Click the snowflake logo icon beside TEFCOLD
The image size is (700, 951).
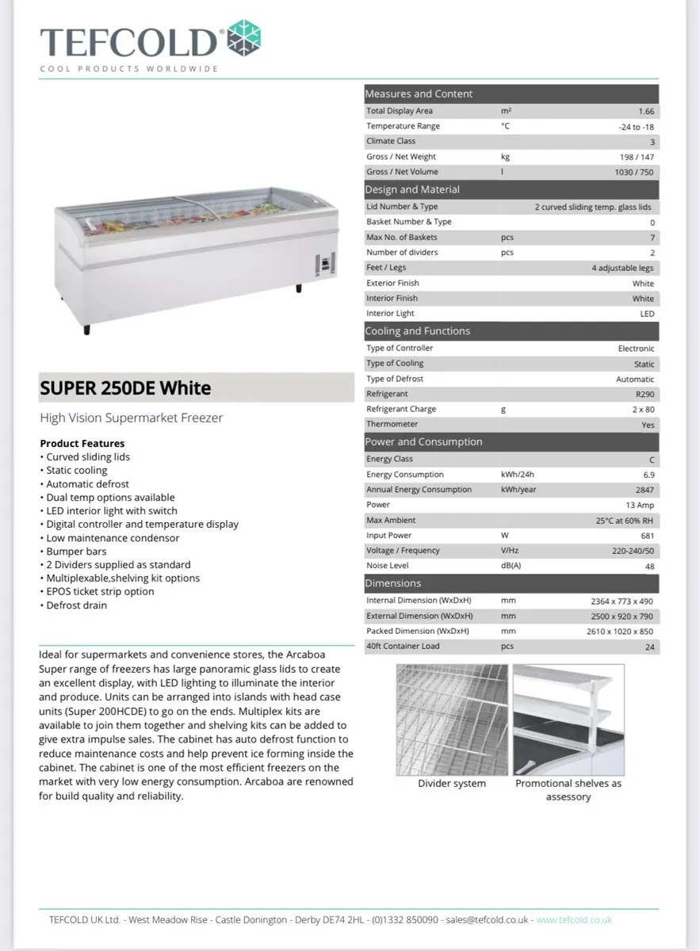click(x=244, y=38)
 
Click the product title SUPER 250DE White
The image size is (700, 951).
click(x=125, y=388)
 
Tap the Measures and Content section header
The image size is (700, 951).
click(x=419, y=94)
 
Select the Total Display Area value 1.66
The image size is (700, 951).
click(x=646, y=112)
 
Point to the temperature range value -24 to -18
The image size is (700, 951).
click(x=637, y=127)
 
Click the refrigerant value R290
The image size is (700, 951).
click(x=645, y=394)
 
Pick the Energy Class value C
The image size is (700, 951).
click(x=651, y=460)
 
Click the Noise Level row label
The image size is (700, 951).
click(x=388, y=566)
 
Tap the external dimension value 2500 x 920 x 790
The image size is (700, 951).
click(x=622, y=617)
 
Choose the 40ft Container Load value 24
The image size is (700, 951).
click(x=649, y=647)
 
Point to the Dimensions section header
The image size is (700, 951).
click(x=393, y=583)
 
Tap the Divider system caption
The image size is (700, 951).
click(x=452, y=784)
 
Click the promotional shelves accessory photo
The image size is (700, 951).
click(x=568, y=720)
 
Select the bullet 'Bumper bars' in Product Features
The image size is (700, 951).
click(x=76, y=552)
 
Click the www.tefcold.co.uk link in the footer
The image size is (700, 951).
click(x=574, y=920)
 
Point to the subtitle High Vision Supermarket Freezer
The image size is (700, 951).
click(x=131, y=418)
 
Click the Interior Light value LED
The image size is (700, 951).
click(x=647, y=314)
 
